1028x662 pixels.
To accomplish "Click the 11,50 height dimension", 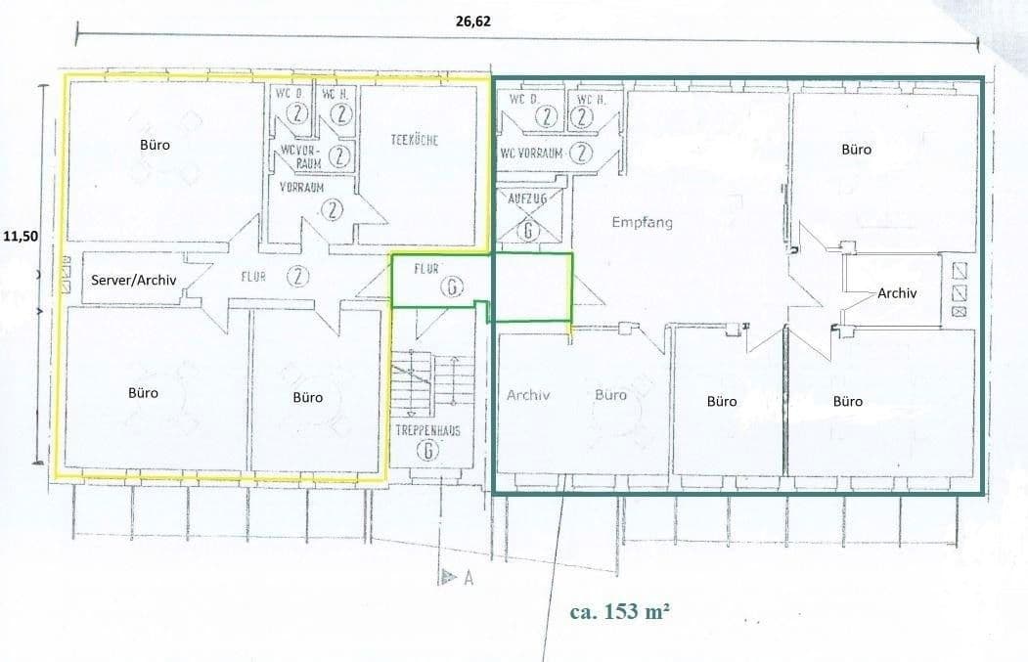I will (21, 236).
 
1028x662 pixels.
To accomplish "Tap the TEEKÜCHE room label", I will (414, 140).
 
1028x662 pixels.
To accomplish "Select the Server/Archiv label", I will (133, 280).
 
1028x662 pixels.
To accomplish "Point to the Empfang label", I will (642, 222).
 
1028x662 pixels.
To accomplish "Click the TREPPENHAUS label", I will (427, 430).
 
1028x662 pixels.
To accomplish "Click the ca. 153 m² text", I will (620, 612).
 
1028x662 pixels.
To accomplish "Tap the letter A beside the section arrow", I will (468, 578).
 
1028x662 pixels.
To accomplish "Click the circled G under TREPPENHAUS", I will (426, 451).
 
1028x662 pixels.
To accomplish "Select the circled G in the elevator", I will (528, 231).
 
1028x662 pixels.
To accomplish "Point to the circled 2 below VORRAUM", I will (334, 208).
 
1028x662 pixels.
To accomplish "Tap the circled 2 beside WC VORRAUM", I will (581, 153).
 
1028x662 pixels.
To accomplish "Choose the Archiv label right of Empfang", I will (897, 292).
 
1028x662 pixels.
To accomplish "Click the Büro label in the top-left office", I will (155, 145).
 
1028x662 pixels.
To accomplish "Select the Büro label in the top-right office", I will (856, 150).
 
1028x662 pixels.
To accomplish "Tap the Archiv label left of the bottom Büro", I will (529, 396).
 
